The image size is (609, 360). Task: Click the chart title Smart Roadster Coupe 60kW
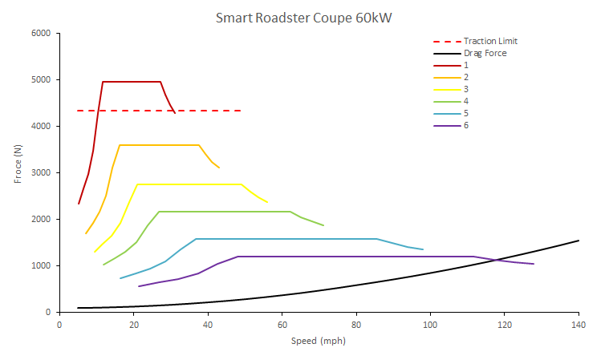point(304,17)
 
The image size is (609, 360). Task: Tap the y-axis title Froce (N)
point(18,164)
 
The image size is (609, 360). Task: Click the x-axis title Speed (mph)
point(319,341)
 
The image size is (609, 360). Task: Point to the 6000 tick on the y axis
point(40,34)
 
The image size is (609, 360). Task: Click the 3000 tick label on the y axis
point(40,173)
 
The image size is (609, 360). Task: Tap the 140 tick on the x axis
point(579,325)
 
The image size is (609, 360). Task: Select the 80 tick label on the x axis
point(355,325)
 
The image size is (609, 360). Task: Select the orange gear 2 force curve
point(160,145)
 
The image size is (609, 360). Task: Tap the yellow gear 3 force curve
point(193,184)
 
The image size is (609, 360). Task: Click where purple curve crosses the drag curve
point(498,259)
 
